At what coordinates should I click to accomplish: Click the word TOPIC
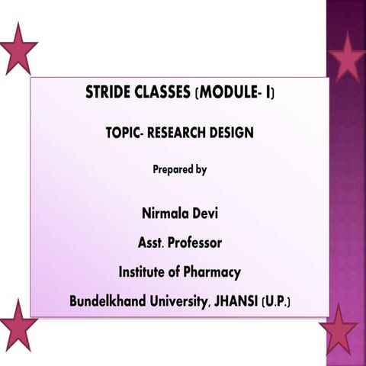pyautogui.click(x=124, y=132)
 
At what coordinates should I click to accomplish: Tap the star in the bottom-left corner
pyautogui.click(x=17, y=323)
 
